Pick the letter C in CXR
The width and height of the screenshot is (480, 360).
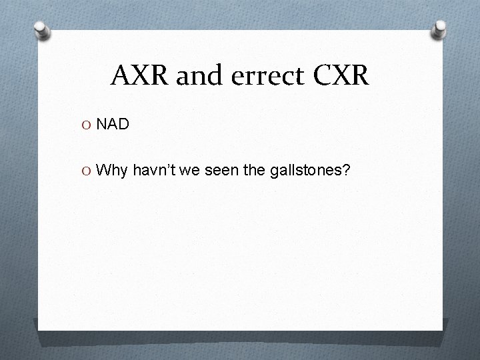coord(317,77)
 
